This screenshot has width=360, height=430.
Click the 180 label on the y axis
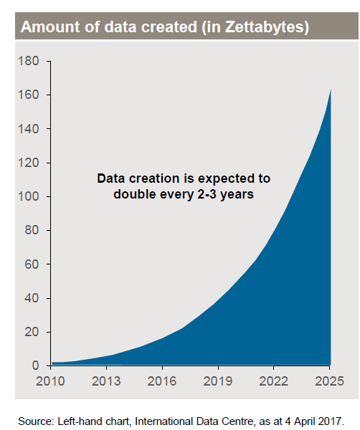click(29, 61)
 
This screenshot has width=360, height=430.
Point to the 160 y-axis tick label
click(29, 95)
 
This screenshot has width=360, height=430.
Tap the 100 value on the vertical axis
click(29, 196)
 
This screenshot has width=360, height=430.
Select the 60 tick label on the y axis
click(32, 264)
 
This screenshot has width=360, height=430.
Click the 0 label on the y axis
click(36, 365)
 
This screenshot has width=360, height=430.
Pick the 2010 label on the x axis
click(50, 381)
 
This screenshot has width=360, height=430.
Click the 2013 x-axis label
click(106, 381)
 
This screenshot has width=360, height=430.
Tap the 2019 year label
click(218, 381)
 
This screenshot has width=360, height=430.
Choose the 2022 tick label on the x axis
click(274, 381)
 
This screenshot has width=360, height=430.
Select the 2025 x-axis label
click(330, 381)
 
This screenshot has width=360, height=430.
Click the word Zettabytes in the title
click(265, 27)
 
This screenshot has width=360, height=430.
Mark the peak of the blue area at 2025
click(331, 89)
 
